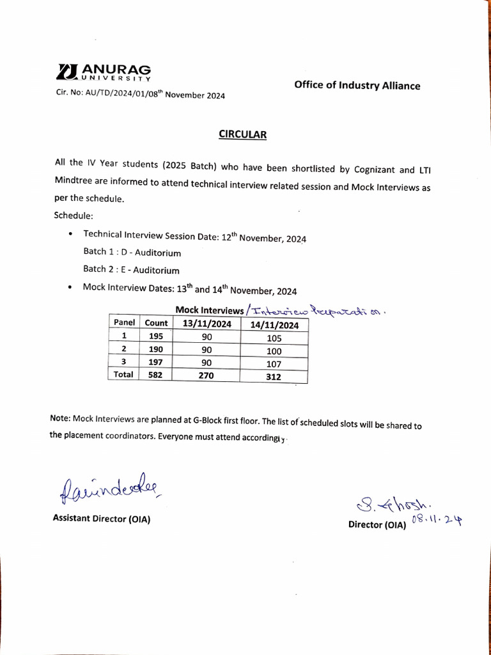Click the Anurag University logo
click(104, 72)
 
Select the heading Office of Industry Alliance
click(357, 86)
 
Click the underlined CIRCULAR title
click(242, 134)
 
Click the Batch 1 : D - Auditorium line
click(132, 253)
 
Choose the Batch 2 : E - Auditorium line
click(131, 270)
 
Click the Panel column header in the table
click(124, 323)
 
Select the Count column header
click(156, 323)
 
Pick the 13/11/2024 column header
click(207, 324)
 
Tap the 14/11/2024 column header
click(274, 325)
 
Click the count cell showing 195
click(156, 336)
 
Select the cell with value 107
click(274, 365)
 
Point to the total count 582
click(156, 375)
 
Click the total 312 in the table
click(274, 377)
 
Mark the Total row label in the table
click(123, 374)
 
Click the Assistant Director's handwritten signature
click(109, 491)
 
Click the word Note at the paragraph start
click(60, 418)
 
